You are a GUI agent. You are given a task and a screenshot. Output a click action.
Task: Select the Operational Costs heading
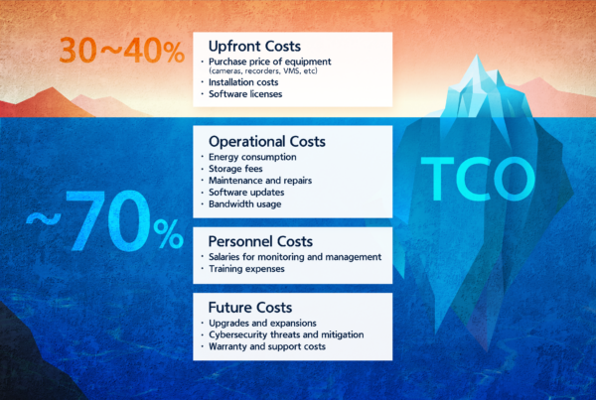coord(268,141)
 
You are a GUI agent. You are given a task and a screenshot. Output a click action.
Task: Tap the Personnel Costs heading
coord(260,241)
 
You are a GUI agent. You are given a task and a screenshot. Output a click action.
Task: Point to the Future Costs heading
coord(249,308)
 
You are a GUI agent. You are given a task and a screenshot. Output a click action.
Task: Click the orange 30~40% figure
coord(120,50)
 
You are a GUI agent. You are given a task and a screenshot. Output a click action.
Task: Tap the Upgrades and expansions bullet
coord(262,325)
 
